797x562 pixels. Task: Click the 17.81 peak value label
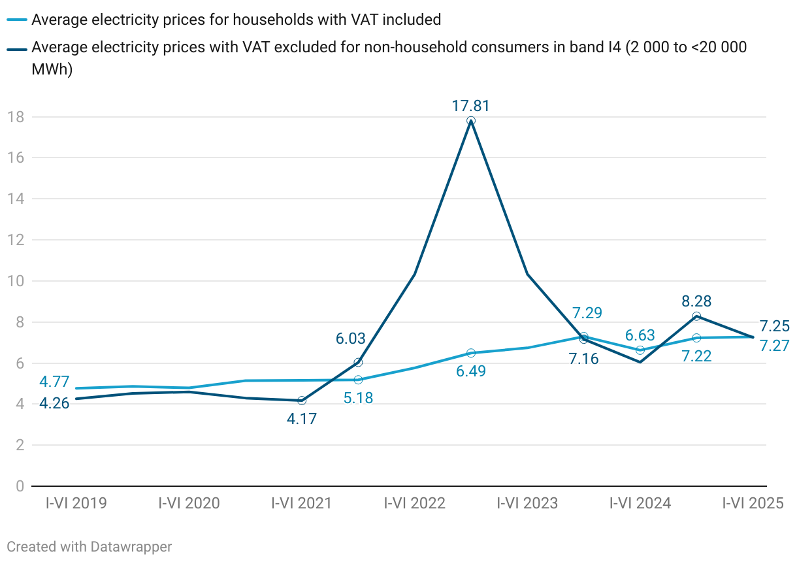[470, 106]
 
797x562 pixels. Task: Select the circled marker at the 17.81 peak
[471, 121]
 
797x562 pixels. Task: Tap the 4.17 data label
[301, 419]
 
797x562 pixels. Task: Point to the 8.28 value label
[696, 301]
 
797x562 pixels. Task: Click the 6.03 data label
[351, 339]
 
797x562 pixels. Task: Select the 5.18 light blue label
[358, 397]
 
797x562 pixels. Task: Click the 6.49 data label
[471, 371]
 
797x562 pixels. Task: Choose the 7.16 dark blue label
[584, 358]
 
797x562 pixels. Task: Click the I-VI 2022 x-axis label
[414, 503]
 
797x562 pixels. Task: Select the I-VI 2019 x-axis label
[76, 503]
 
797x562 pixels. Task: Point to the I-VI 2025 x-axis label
[752, 503]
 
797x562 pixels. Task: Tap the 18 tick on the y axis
[16, 117]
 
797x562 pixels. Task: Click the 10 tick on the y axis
[16, 281]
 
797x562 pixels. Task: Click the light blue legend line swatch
[18, 20]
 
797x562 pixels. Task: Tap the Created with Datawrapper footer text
[89, 546]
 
